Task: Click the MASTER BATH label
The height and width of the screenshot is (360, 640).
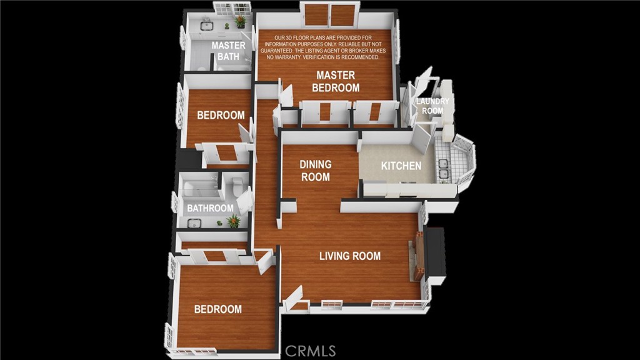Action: tap(228, 51)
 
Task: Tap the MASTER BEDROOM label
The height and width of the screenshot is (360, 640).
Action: tap(336, 81)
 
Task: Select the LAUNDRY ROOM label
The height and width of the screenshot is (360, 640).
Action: tap(432, 106)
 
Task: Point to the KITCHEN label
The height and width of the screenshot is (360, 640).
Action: tap(401, 166)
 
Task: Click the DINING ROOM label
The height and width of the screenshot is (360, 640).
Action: tap(316, 171)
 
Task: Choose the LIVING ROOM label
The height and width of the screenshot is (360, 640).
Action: tap(350, 256)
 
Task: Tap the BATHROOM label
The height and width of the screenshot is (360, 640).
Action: tap(210, 208)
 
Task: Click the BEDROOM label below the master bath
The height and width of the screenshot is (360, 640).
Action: tap(221, 115)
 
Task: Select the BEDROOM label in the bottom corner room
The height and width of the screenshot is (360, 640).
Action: tap(218, 309)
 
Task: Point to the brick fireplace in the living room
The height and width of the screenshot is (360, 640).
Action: tap(419, 255)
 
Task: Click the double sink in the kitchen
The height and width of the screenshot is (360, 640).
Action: tap(443, 169)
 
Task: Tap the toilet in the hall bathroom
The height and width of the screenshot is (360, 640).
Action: tap(237, 186)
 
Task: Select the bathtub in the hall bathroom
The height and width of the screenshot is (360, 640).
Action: tap(199, 188)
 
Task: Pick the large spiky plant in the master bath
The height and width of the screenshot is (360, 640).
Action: tap(241, 21)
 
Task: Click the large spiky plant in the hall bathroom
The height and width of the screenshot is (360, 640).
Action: tap(234, 221)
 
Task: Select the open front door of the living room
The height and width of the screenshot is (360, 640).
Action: tap(294, 298)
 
